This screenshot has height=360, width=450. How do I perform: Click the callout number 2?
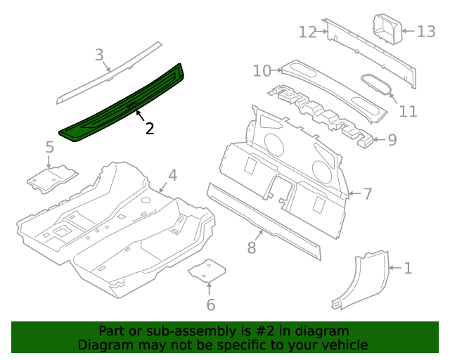tap(149, 128)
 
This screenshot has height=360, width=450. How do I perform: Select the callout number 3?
tap(99, 54)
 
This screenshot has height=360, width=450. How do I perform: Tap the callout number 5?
tap(49, 147)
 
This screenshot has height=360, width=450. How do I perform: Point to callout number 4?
tap(172, 175)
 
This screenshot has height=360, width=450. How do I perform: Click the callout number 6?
tap(210, 304)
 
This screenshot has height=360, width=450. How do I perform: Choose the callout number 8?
tap(251, 247)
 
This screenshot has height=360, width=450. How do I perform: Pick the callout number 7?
tap(367, 193)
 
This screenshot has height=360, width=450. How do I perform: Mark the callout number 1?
tap(408, 268)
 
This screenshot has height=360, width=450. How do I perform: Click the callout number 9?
tap(392, 139)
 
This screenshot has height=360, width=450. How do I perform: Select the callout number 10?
tap(262, 70)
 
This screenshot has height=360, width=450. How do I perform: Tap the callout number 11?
tap(408, 111)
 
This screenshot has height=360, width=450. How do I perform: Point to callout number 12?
tap(307, 32)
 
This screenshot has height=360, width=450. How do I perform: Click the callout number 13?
tap(426, 32)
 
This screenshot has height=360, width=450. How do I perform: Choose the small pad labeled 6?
tap(207, 270)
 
